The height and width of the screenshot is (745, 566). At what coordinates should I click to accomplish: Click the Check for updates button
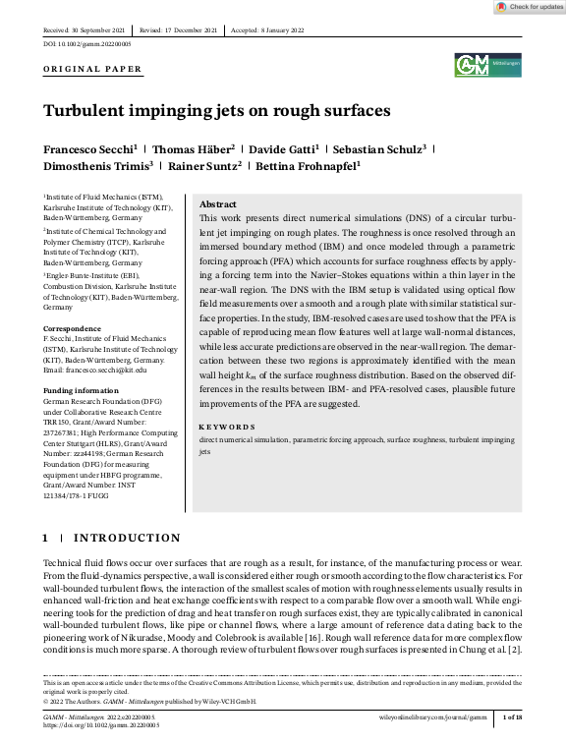530,7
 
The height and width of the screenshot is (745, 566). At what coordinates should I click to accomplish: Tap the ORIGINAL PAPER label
93,70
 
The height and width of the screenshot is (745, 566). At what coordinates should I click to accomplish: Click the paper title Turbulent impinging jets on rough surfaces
216,110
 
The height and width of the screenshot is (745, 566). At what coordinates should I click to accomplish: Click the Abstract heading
218,203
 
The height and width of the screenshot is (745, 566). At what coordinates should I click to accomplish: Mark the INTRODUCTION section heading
127,538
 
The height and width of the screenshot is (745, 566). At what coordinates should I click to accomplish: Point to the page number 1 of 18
511,718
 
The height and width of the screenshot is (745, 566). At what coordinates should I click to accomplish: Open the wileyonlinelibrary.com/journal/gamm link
433,718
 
